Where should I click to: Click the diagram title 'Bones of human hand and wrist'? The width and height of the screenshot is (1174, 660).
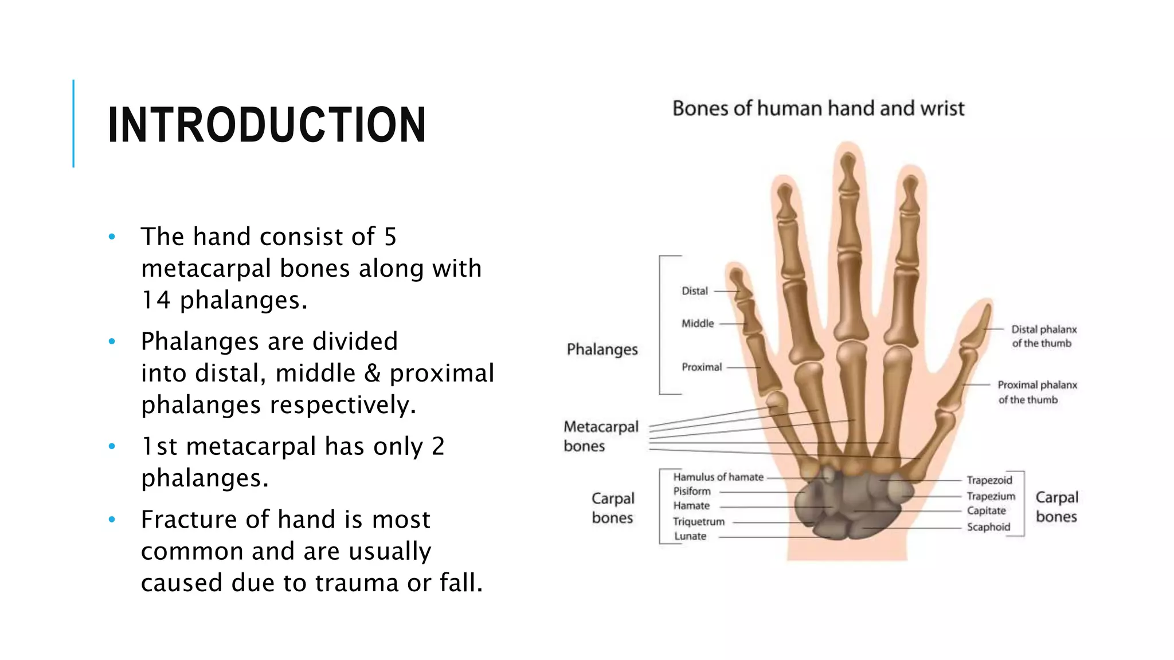pos(818,108)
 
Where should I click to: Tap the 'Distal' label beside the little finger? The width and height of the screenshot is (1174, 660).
pos(694,291)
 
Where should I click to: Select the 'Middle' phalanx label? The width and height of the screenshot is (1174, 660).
pos(697,324)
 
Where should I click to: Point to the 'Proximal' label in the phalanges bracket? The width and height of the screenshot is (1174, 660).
pos(701,367)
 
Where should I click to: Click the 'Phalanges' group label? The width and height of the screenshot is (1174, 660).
pos(602,349)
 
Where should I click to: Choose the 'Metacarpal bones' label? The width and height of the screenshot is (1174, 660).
pos(600,436)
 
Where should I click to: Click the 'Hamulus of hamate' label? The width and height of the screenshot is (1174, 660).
pos(718,477)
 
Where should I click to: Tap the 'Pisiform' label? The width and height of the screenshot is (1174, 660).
pos(691,492)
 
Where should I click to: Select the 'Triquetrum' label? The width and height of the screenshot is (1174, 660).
pos(698,522)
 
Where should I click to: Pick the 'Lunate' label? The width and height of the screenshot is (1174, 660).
pos(690,536)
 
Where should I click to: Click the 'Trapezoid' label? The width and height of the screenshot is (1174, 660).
pos(989,480)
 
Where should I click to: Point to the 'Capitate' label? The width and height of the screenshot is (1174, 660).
pos(986,510)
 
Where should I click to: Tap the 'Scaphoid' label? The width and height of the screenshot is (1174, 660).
pos(988,527)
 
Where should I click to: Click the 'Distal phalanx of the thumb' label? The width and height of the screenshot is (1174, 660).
pos(1043,336)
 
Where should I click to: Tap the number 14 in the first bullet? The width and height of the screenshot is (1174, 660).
pos(155,300)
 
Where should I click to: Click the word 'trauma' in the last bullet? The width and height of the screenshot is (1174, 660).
pos(357,583)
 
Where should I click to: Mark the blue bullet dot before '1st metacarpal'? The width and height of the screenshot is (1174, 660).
pos(112,446)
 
